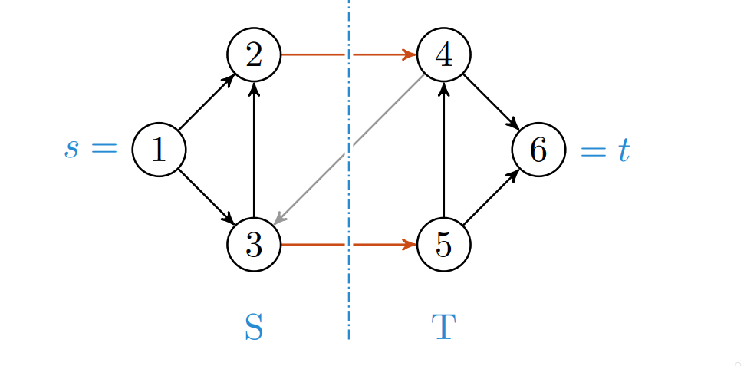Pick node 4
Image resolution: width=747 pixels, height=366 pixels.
[443, 55]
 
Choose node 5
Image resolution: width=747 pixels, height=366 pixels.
[443, 245]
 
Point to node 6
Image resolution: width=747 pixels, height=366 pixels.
[538, 150]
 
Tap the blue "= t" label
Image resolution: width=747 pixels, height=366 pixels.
[605, 150]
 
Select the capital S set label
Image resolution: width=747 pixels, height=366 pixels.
[254, 328]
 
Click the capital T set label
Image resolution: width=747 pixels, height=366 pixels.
[443, 328]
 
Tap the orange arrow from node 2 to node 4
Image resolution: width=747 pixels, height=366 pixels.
[314, 55]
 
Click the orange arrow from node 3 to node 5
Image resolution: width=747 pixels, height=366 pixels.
[314, 245]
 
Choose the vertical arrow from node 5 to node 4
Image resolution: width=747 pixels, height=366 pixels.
[443, 150]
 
